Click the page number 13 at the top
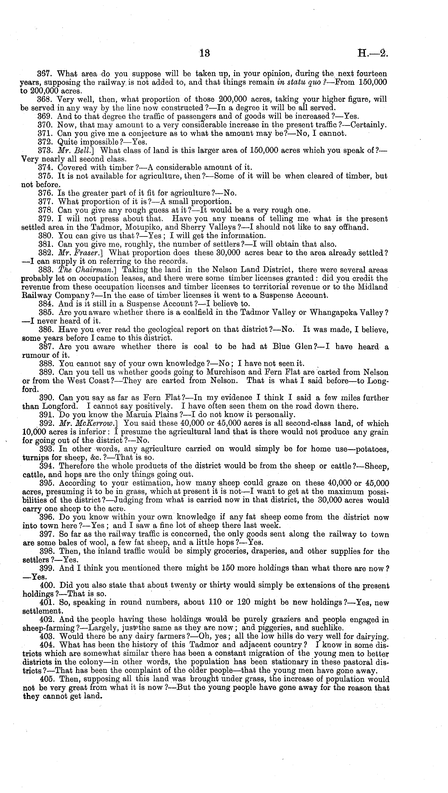point(205,53)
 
